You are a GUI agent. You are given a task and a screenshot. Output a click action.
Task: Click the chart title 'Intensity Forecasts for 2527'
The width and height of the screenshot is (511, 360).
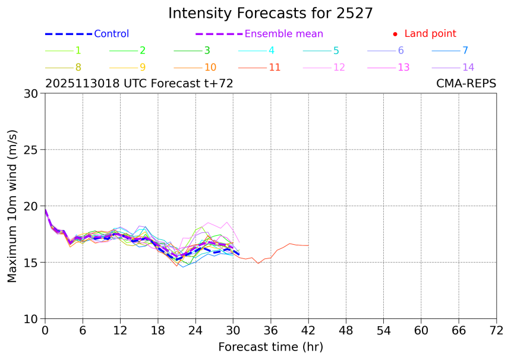coord(270,13)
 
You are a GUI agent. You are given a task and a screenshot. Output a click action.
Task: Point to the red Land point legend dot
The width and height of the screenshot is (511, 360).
coord(395,34)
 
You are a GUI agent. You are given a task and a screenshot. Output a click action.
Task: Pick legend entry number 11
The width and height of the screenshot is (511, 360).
coord(275,67)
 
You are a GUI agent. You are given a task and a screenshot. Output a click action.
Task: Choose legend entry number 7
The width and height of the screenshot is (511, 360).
coord(465,50)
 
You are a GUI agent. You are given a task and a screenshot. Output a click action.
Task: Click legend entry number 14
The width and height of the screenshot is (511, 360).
coord(468,67)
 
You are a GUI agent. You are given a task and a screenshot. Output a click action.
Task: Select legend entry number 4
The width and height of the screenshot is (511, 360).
coord(272,50)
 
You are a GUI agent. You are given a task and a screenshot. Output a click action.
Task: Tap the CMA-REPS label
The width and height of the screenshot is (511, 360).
coord(466,84)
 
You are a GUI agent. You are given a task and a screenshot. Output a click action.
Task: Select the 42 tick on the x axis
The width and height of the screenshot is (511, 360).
coord(308,330)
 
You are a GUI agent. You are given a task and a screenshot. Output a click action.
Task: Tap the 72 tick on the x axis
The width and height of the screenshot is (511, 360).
coord(497,330)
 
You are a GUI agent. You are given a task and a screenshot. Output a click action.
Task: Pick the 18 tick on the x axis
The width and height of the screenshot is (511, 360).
coord(158,330)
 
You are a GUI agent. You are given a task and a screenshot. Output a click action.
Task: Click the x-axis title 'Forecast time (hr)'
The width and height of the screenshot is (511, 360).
coord(270,346)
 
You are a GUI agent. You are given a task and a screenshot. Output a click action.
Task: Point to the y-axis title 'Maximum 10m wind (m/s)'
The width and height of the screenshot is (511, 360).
coord(12,206)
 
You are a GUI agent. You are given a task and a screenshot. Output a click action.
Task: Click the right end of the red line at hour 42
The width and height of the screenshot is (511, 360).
coord(308,245)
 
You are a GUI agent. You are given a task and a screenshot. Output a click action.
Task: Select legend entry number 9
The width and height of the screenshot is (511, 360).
coord(143,67)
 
